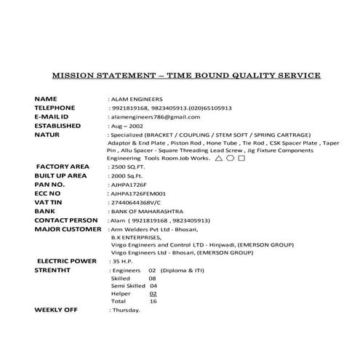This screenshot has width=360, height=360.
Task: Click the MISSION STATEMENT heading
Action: point(186,75)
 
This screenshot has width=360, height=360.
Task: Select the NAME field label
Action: point(46,98)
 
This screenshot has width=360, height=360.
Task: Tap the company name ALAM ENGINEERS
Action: point(137,98)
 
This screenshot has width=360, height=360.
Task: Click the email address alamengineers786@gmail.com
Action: point(155,116)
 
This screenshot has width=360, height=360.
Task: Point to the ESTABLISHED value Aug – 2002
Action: point(127,126)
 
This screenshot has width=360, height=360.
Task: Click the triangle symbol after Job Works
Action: point(219,157)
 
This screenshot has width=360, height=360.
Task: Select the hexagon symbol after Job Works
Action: point(230,157)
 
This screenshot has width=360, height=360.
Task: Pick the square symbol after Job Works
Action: point(241,157)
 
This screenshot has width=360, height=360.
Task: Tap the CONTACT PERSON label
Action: point(66,220)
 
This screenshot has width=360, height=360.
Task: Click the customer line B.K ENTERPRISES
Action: point(135,237)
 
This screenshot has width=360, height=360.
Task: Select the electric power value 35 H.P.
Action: point(121,260)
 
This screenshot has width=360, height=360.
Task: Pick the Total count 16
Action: point(153,300)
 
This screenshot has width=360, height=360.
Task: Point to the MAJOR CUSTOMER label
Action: point(68,229)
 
